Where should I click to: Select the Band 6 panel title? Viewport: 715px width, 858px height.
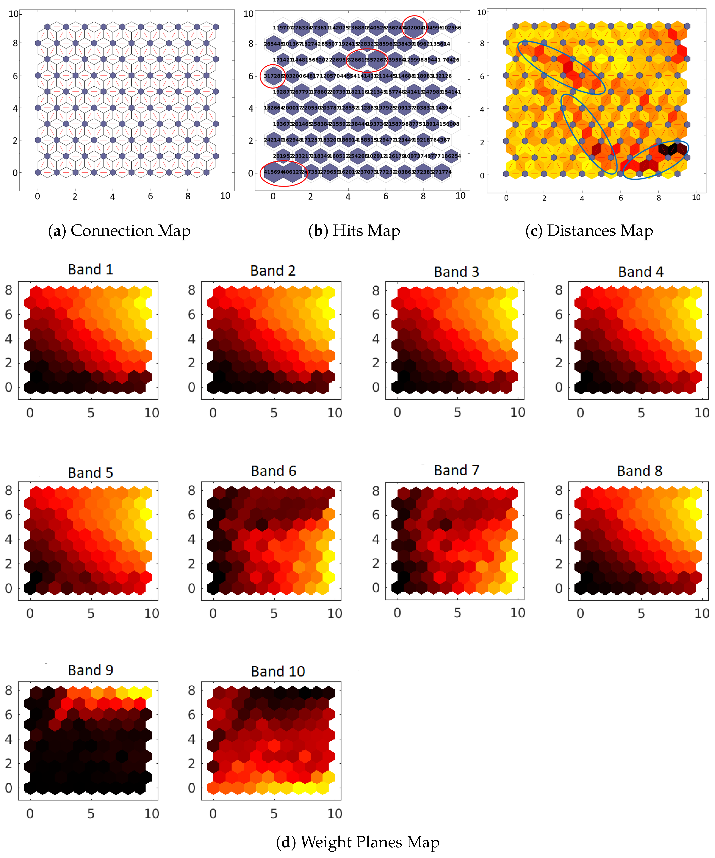click(x=273, y=471)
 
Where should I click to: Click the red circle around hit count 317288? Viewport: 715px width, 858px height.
click(x=273, y=76)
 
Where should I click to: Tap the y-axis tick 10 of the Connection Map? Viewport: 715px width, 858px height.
click(x=14, y=14)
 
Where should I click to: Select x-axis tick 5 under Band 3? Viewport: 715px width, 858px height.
click(x=457, y=413)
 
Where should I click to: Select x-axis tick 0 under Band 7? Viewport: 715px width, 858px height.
click(x=397, y=613)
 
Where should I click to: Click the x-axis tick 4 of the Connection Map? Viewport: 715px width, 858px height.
click(x=113, y=197)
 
